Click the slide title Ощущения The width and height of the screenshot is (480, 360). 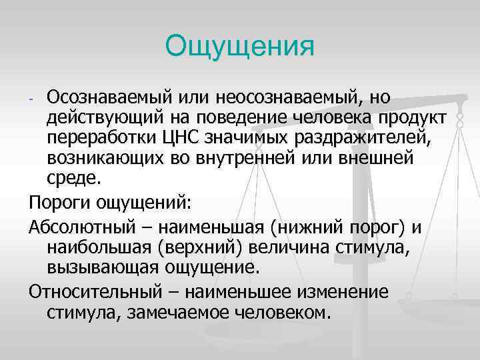pos(239,47)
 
